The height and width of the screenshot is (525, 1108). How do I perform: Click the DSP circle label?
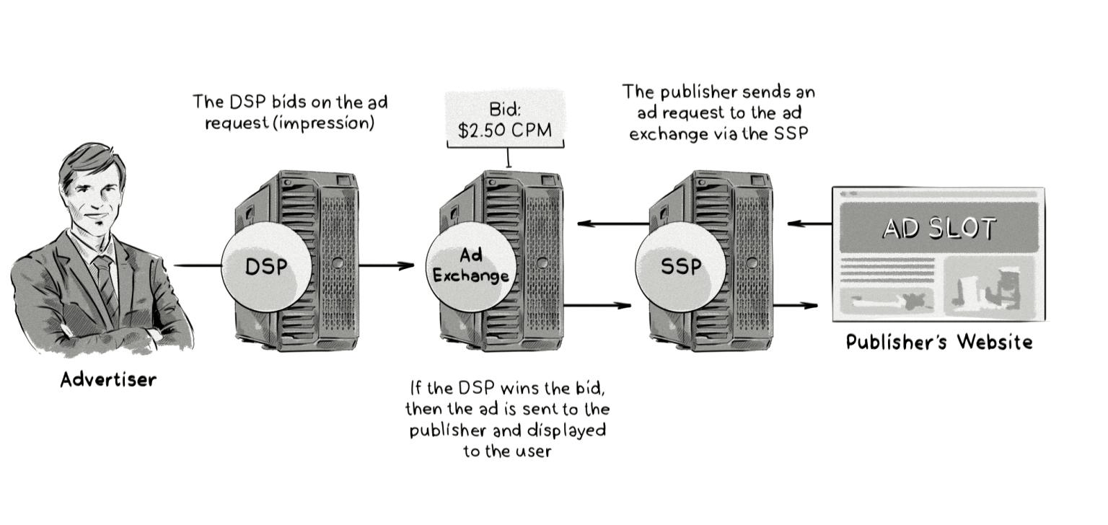point(265,267)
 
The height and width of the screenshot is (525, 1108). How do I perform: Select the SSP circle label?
point(680,267)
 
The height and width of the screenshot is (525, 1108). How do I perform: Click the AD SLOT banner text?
point(938,228)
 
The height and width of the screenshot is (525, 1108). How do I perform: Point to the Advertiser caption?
point(108,379)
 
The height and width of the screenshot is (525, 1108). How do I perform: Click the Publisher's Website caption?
point(938,341)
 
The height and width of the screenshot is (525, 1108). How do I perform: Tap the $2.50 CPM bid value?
point(505,130)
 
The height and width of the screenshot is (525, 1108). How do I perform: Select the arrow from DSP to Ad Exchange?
point(387,265)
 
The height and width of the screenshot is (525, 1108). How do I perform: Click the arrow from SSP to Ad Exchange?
point(613,224)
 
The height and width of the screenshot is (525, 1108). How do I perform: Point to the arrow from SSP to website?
point(796,305)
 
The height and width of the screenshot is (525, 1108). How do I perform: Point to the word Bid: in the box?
point(505,110)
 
